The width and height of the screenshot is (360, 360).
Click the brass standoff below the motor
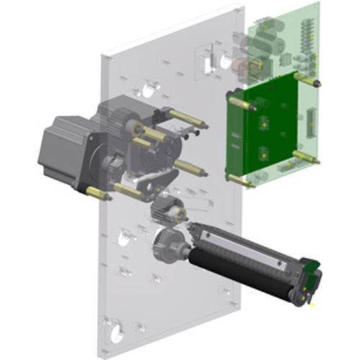tap(96, 193)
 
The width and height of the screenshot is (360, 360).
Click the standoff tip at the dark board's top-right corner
tap(316, 84)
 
